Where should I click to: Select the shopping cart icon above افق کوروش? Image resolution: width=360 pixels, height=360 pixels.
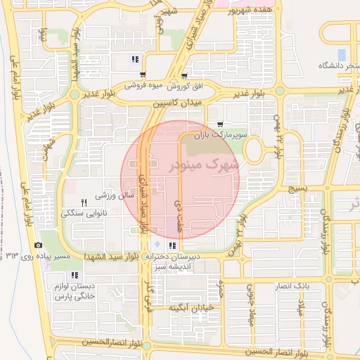(184, 76)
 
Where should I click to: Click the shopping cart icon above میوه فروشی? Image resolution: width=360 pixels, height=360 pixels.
(143, 75)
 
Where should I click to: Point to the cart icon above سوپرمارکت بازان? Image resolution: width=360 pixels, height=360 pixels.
(221, 124)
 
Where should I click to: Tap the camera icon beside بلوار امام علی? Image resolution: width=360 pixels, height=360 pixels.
(37, 245)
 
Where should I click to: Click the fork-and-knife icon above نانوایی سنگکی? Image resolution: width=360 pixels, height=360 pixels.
(84, 202)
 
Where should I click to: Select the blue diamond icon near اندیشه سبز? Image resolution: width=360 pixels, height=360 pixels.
(157, 244)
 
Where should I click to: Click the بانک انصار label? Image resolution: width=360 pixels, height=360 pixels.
(294, 286)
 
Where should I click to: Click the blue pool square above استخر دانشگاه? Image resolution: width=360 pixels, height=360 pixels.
(342, 54)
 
